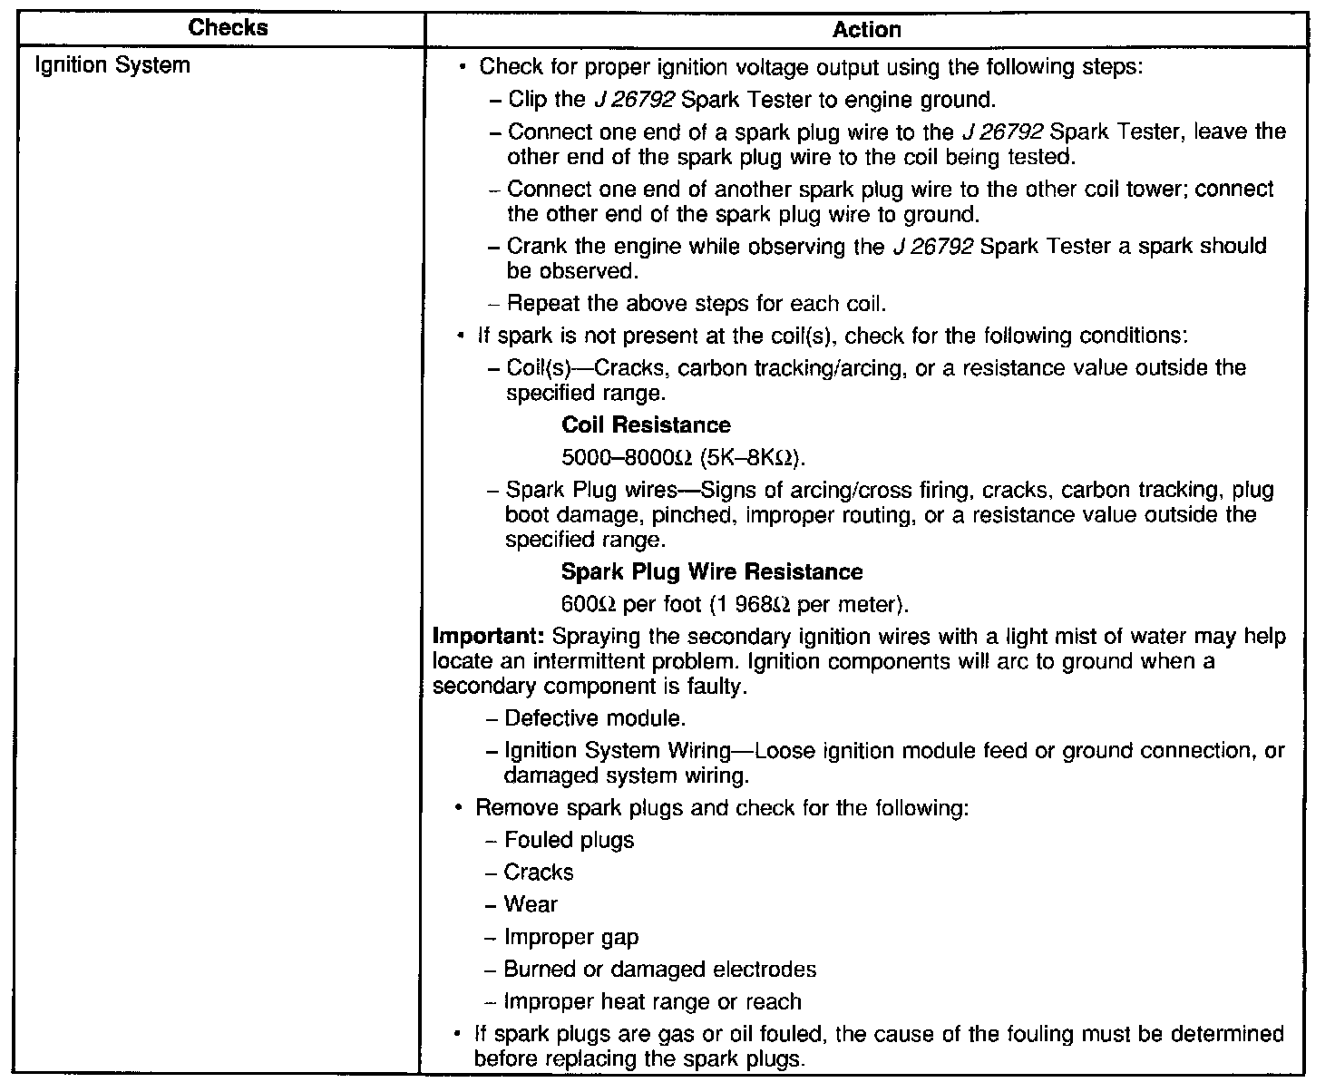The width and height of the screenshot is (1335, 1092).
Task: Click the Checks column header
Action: click(x=228, y=27)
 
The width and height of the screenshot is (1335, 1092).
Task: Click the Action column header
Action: click(x=866, y=30)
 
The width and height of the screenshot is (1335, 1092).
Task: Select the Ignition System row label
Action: click(x=112, y=65)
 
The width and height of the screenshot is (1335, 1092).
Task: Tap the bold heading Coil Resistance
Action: click(x=646, y=425)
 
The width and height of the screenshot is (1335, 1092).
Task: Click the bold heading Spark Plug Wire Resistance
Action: click(x=712, y=572)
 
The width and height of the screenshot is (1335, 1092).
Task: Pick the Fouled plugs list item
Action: click(x=569, y=841)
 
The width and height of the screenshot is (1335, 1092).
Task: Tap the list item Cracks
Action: click(x=539, y=873)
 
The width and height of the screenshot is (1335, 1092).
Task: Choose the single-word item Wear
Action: click(x=531, y=905)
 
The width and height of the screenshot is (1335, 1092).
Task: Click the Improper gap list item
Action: click(x=571, y=938)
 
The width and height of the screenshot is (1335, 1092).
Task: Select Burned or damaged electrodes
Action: click(x=659, y=970)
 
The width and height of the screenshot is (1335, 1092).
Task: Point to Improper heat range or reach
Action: click(x=652, y=1002)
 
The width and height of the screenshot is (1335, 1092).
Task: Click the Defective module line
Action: click(x=594, y=719)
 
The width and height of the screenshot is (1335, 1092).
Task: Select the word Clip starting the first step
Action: click(x=527, y=99)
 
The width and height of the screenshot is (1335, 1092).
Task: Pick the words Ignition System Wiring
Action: click(x=599, y=751)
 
